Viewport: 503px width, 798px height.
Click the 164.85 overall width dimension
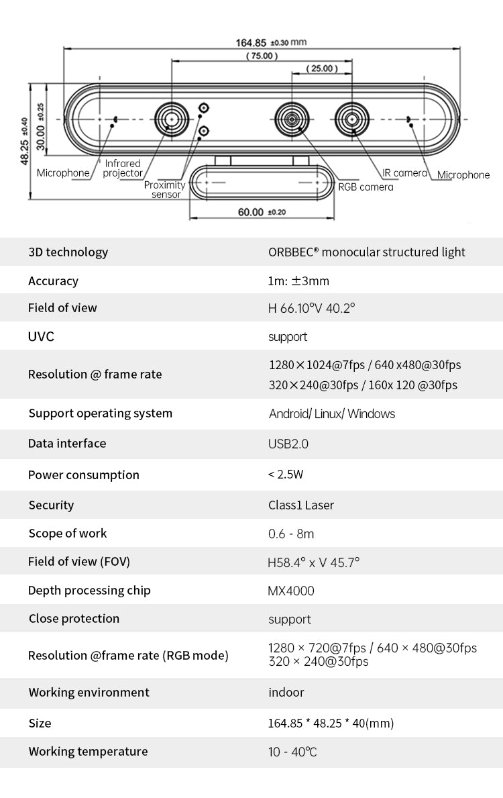point(271,43)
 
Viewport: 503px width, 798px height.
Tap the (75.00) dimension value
point(262,56)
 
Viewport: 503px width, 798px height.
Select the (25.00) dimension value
point(322,68)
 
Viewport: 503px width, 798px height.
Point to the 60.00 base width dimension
point(262,212)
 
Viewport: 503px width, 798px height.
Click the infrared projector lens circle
point(172,119)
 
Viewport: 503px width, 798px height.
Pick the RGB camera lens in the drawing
point(292,119)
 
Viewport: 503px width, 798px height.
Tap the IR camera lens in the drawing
point(351,119)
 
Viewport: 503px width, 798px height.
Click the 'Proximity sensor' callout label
point(165,189)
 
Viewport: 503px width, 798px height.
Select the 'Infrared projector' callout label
point(123,168)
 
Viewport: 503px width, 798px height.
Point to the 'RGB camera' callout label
point(366,187)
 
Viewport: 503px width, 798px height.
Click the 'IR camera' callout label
point(405,173)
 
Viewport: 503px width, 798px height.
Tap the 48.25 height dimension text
point(24,142)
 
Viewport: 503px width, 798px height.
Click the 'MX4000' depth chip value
point(291,591)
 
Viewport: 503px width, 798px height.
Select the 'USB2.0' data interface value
point(288,444)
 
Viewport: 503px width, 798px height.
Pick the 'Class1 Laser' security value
point(301,505)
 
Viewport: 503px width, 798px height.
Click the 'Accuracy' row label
point(54,281)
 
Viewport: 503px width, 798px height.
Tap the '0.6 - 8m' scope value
point(291,534)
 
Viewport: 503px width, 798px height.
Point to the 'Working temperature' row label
point(88,751)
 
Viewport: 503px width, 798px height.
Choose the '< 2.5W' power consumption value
point(285,475)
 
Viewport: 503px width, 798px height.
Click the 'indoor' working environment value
point(286,692)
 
